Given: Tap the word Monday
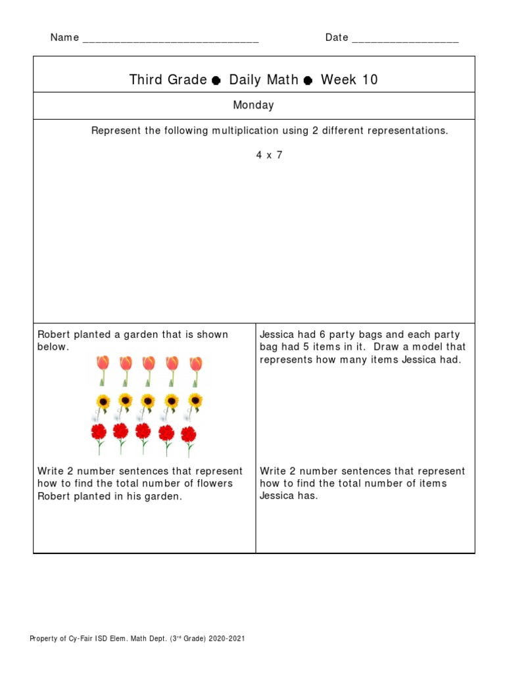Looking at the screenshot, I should click(253, 105).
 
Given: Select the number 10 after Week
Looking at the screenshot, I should click(369, 80).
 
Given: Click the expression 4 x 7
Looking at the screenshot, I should click(270, 155).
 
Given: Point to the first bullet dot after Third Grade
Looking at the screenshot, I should click(216, 81).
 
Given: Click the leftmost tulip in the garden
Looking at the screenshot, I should click(103, 369).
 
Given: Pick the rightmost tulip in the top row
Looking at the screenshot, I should click(196, 369).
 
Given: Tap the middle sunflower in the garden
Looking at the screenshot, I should click(148, 402).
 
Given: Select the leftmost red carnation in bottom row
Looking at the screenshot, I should click(99, 434).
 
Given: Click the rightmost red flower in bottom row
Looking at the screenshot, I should click(189, 435).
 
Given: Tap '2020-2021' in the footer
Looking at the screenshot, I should click(228, 639).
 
